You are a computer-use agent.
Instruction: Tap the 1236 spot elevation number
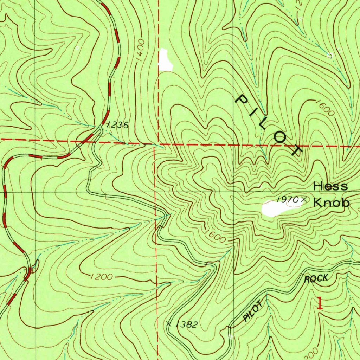117,125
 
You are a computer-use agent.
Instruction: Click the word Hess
330,186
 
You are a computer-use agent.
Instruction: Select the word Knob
332,203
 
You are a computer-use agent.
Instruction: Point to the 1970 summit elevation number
287,200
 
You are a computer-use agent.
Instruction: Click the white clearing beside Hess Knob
276,208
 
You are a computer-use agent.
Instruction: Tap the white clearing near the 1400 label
165,60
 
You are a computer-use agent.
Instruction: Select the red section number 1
319,303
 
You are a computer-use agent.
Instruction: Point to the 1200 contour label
101,277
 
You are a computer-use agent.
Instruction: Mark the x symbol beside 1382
169,323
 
